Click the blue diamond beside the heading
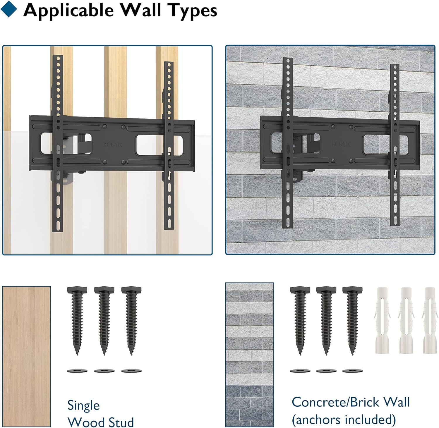point(9,9)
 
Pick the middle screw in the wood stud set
point(104,321)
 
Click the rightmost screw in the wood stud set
point(131,321)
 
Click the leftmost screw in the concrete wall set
point(300,321)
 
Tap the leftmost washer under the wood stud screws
point(77,371)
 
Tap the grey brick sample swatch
point(249,355)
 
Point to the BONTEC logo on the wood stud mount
point(113,144)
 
